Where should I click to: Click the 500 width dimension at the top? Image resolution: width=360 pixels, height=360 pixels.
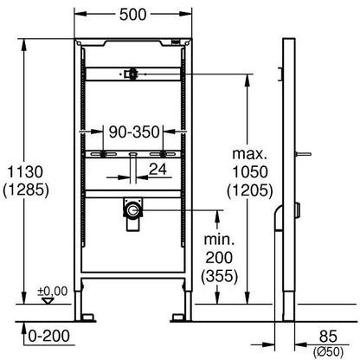[133, 15]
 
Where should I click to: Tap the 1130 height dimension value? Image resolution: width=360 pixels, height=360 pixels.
[25, 172]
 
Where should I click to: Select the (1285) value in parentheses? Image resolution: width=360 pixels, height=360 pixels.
[26, 190]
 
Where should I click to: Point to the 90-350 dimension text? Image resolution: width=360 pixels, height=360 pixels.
[134, 132]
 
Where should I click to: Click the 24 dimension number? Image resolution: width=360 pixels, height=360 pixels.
[158, 170]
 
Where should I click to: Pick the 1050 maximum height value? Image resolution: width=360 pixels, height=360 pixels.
[250, 172]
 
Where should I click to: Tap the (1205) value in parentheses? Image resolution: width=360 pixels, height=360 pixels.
[250, 190]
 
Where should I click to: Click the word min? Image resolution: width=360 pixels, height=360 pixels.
[219, 240]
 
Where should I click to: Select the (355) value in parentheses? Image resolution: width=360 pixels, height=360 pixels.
[220, 276]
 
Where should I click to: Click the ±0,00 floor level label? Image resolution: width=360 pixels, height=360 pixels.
[53, 292]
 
